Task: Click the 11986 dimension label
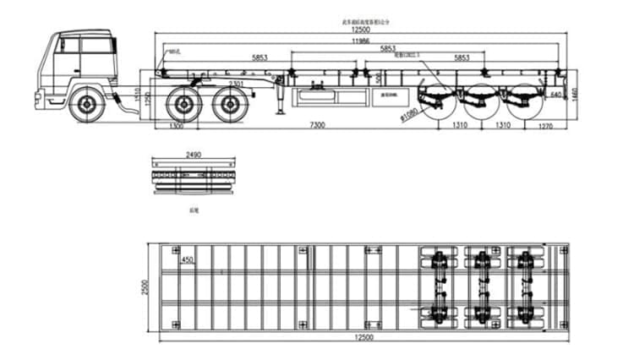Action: [x=360, y=41]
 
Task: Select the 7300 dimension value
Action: [x=317, y=126]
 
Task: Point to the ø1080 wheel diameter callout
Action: [x=410, y=112]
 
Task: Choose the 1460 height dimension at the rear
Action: [x=574, y=91]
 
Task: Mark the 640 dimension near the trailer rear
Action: [x=555, y=94]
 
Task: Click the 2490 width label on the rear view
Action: [x=193, y=155]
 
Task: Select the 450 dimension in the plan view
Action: [x=188, y=259]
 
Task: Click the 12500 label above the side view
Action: [x=361, y=30]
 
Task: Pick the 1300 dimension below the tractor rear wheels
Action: [x=176, y=126]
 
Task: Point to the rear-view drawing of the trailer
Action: [x=193, y=177]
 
